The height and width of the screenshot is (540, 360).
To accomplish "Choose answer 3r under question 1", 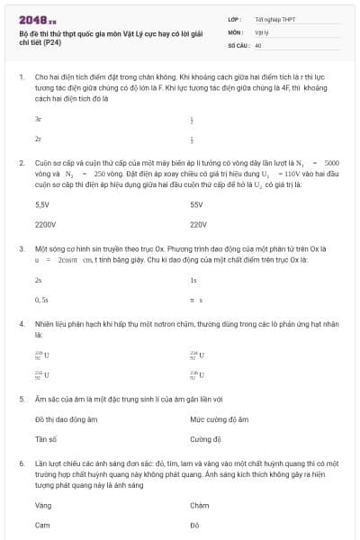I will point(38,118).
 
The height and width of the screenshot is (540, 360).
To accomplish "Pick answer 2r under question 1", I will point(38,139).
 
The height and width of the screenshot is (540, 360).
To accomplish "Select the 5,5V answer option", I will point(41,204).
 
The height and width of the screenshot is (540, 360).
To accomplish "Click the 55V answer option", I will point(197,204).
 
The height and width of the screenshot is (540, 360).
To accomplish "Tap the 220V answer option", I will point(199,225).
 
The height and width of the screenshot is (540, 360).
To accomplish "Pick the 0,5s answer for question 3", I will point(41,299).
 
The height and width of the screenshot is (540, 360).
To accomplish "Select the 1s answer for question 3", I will point(193,280).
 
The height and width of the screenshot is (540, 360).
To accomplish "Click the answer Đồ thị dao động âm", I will point(66,419).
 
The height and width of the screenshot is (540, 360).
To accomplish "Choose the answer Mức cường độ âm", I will point(219,419).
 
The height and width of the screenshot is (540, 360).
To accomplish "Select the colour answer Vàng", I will point(43,505).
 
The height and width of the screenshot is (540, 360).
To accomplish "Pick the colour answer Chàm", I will point(200,505).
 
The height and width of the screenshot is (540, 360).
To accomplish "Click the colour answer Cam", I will point(42,525).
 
